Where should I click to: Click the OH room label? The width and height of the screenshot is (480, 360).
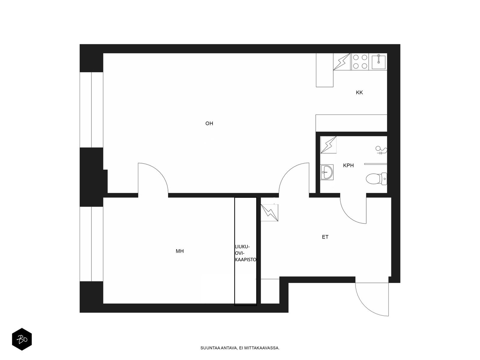tap(209, 124)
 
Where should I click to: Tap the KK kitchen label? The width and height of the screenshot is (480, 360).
tap(359, 92)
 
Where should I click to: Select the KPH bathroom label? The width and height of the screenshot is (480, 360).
tap(348, 166)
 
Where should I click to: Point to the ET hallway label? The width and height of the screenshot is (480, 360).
tap(325, 237)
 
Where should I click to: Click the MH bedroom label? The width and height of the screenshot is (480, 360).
tap(180, 251)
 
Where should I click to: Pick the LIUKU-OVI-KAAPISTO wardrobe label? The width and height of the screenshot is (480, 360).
tap(246, 253)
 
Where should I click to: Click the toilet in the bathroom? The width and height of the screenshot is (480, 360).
tap(376, 179)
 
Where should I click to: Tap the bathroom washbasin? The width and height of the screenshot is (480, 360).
tap(327, 172)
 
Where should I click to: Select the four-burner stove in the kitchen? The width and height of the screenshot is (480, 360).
tap(360, 61)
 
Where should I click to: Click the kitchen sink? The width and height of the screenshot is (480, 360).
tap(378, 62)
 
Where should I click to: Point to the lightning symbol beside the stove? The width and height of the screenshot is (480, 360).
tap(342, 61)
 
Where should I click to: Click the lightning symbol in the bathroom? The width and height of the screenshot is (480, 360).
tap(328, 145)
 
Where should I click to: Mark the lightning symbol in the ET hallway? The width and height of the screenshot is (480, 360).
tap(270, 213)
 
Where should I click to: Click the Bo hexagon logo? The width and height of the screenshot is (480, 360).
tap(22, 339)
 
